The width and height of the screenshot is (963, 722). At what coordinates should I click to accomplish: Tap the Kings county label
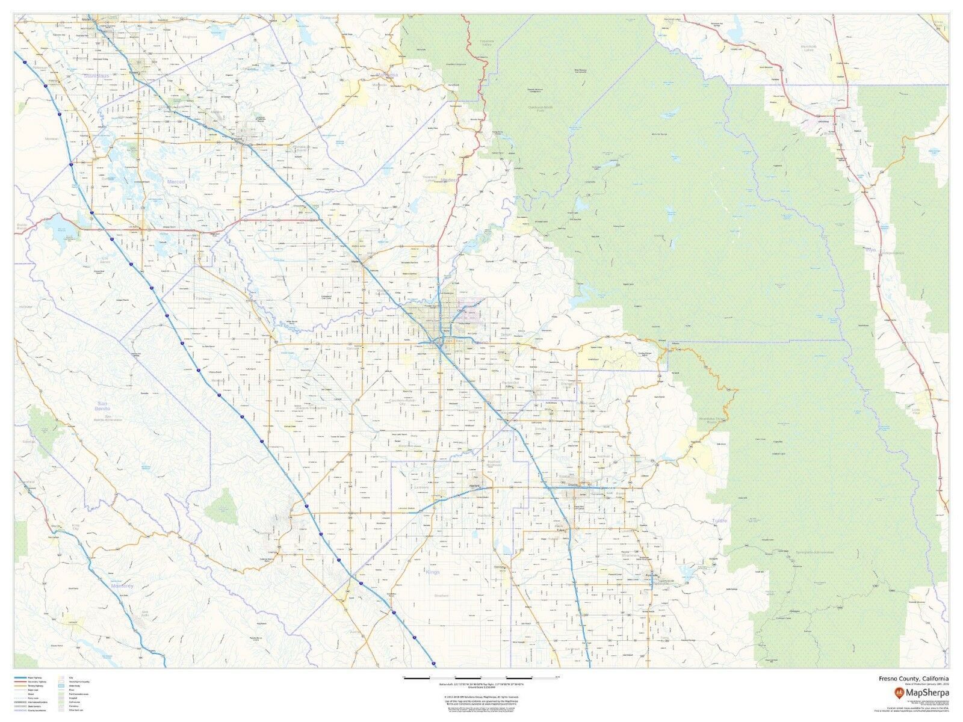432,572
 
